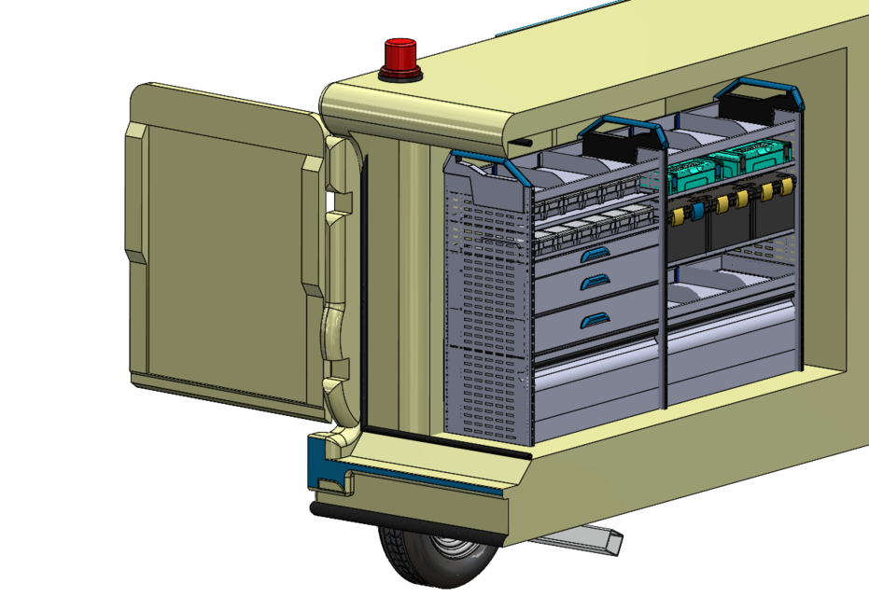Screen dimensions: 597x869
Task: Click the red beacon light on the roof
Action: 399,59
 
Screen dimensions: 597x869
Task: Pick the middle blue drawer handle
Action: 593,280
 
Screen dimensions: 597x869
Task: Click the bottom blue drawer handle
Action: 593,321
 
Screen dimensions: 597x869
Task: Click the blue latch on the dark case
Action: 696,214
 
